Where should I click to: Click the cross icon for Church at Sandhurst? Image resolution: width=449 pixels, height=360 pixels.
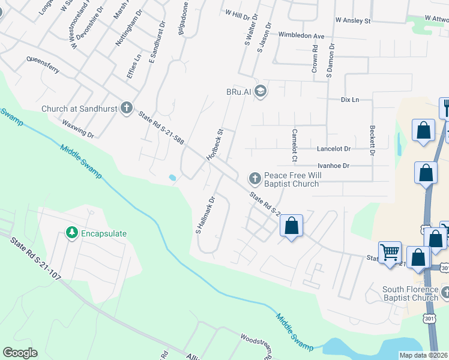[126, 108]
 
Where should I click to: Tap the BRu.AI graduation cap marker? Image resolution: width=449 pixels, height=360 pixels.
[261, 91]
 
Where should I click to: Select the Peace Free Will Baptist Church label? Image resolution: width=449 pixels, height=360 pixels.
[291, 179]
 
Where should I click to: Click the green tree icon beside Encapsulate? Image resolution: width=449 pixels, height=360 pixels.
[72, 232]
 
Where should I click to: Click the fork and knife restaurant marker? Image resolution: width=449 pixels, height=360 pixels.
[445, 107]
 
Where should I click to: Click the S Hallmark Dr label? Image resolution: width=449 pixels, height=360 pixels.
[205, 215]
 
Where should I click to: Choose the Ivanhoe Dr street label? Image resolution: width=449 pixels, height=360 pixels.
[329, 165]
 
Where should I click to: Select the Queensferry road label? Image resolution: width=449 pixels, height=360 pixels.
[43, 65]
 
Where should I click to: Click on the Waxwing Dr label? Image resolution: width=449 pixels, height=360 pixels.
[78, 128]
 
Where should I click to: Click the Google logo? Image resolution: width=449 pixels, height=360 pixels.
[20, 353]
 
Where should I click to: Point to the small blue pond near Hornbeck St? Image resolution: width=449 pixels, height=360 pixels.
[173, 178]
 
